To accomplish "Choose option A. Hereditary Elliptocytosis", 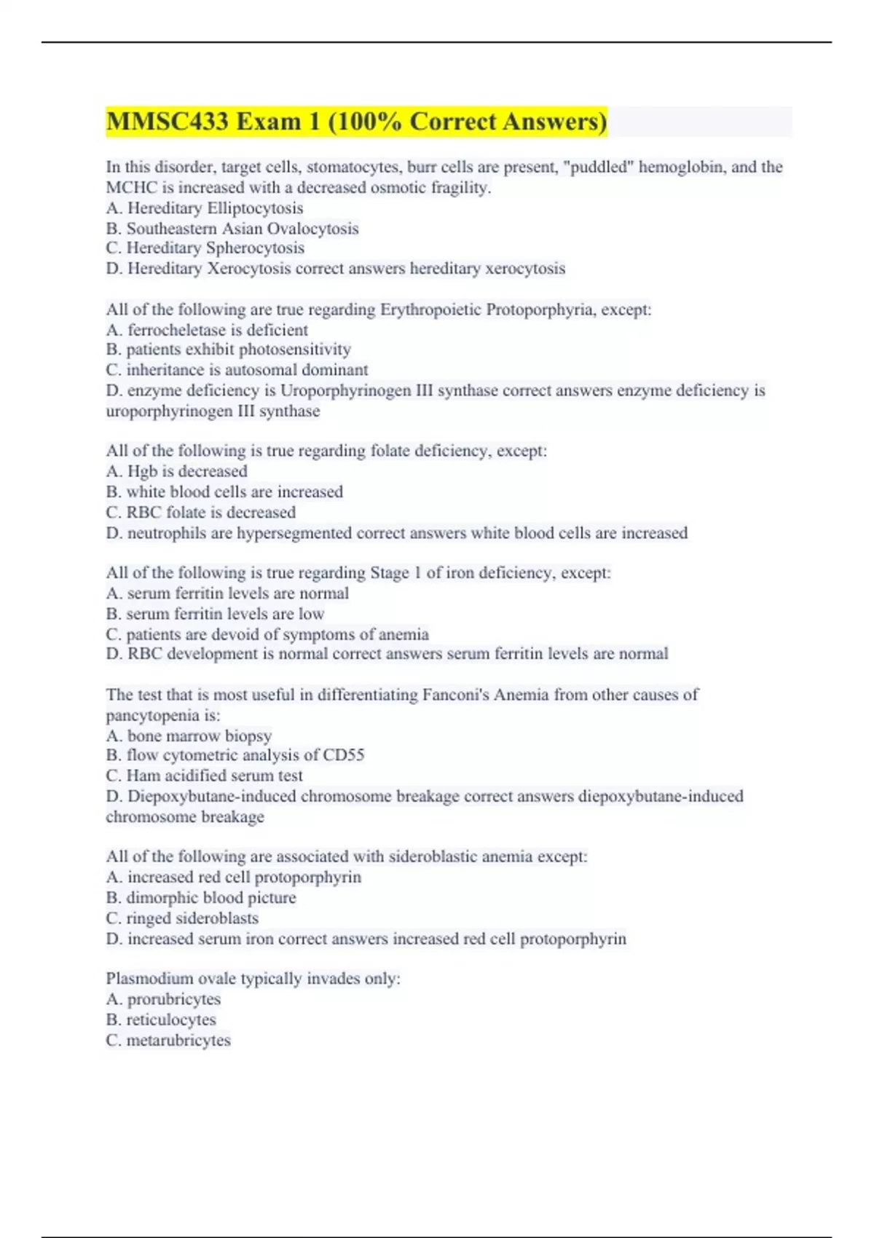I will coord(205,208).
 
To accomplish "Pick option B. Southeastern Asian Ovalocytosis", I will coord(232,229).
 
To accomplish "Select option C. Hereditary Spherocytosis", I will coord(205,248).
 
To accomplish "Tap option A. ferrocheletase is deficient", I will coord(207,330).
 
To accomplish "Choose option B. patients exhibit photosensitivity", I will coord(228,350).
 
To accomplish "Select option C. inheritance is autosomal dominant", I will coord(237,370).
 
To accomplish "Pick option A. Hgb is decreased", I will coord(177,471).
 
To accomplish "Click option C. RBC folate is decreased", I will coord(201,512).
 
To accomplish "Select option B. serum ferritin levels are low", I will coord(216,614).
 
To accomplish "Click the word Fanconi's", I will coord(455,695).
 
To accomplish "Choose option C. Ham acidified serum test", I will coord(204,776).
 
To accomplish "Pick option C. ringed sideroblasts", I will coord(182,918).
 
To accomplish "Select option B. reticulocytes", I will coord(161,1020).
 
